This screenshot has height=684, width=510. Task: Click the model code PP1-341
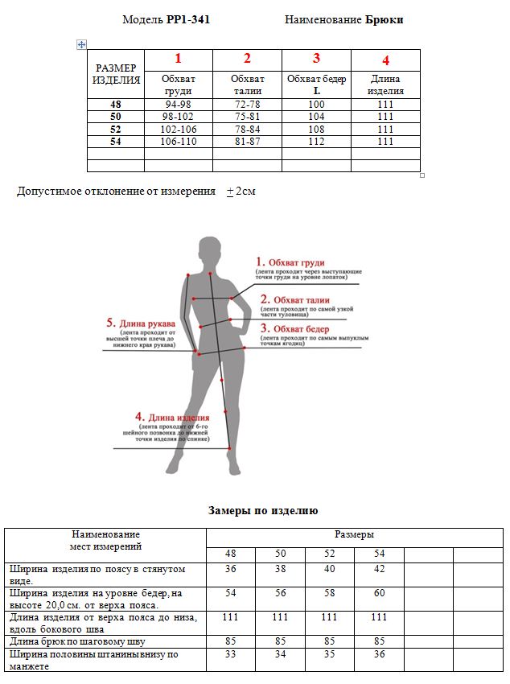(x=188, y=19)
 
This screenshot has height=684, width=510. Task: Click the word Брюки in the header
(x=384, y=19)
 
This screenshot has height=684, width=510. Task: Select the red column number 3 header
(x=316, y=58)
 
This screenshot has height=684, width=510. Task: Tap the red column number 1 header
(x=178, y=58)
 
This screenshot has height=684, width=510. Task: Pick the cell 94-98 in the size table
(x=178, y=105)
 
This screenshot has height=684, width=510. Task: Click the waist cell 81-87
(x=247, y=142)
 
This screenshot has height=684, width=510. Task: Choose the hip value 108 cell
(x=316, y=130)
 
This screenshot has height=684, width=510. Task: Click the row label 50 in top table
(x=115, y=117)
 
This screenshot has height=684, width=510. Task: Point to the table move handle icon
(x=81, y=45)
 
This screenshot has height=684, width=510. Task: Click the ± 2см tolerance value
(x=241, y=192)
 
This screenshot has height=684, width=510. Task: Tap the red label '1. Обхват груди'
(x=290, y=262)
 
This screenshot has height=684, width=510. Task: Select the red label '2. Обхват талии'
(x=291, y=299)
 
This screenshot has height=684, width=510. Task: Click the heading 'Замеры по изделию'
(x=263, y=510)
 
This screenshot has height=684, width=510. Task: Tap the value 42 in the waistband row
(x=379, y=569)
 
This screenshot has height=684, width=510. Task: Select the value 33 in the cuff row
(x=231, y=655)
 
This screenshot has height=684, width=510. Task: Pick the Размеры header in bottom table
(x=354, y=534)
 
